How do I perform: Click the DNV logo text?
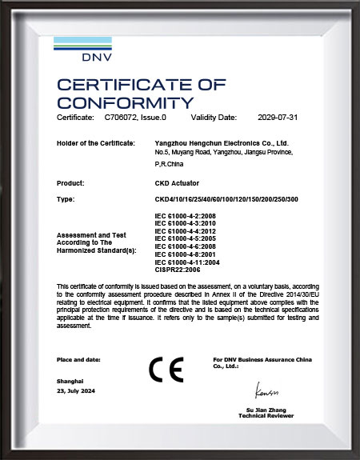[98, 58]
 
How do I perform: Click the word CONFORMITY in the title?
[125, 102]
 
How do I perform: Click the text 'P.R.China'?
[168, 162]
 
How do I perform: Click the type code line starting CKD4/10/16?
[226, 198]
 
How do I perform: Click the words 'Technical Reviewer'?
[266, 416]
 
